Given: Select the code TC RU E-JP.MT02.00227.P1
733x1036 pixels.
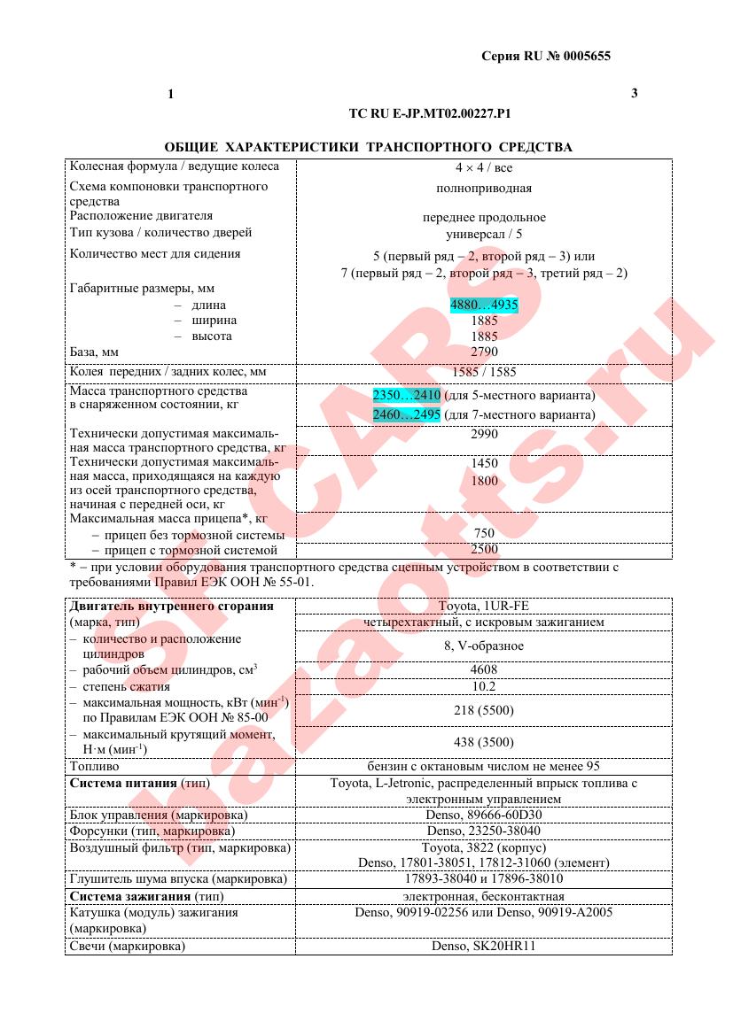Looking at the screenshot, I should [431, 114].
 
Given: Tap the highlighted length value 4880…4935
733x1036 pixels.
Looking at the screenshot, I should [484, 305].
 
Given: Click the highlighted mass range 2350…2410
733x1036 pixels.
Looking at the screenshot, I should [407, 395].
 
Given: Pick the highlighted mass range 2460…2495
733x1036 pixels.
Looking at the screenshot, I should [407, 414].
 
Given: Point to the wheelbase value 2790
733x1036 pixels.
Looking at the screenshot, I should [484, 352].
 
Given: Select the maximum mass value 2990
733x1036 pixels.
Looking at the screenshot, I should [484, 434].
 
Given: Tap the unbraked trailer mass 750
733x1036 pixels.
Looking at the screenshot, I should [484, 533].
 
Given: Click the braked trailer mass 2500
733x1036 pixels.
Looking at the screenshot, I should [484, 550].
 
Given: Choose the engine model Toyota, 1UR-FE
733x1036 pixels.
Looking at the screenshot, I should [484, 607].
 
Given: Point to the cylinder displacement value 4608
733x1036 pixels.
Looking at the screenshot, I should [484, 670].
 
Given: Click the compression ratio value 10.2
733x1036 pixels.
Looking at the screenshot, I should [484, 686].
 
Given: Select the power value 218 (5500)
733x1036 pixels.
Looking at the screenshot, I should [484, 710].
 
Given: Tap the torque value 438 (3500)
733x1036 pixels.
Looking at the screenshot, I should [484, 742].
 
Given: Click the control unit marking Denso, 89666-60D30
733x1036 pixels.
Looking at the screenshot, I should [484, 815].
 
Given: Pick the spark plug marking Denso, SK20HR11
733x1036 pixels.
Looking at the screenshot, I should [484, 946].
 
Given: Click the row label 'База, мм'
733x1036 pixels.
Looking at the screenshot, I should [94, 352].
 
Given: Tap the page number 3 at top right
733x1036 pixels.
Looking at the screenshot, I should [634, 93].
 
